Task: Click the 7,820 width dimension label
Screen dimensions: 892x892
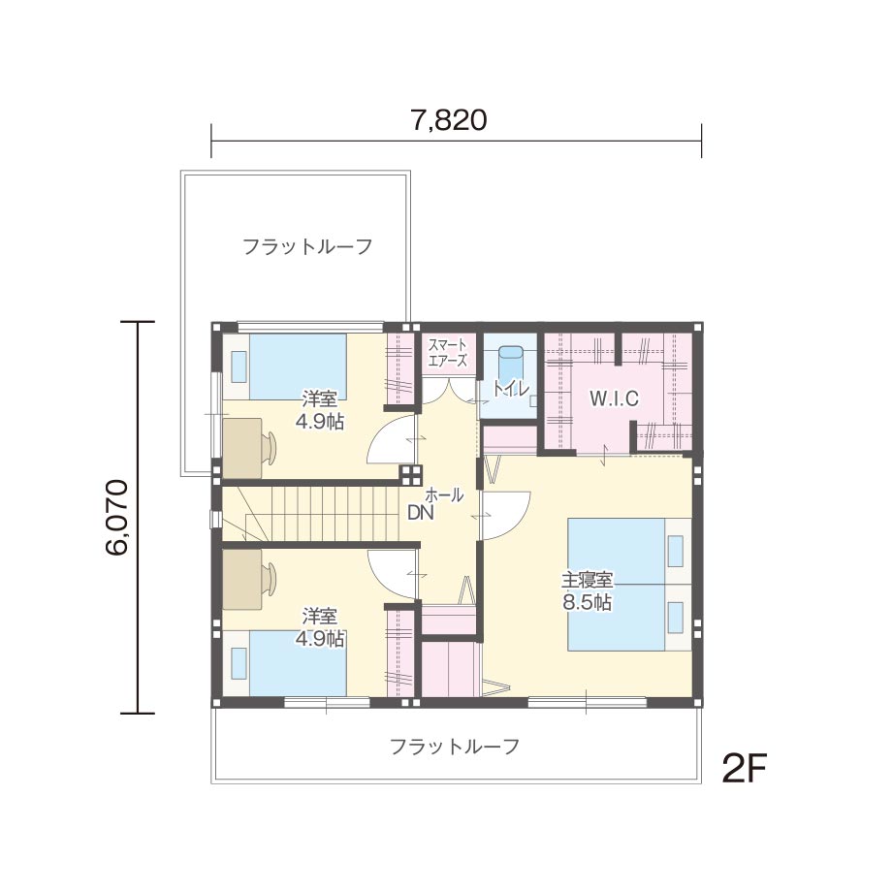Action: (448, 120)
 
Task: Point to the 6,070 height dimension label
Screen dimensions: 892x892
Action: (116, 517)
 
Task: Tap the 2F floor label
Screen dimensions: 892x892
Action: (744, 768)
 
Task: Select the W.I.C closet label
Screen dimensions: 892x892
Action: (614, 398)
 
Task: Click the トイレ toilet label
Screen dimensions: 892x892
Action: (510, 388)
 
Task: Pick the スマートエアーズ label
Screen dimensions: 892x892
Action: (448, 353)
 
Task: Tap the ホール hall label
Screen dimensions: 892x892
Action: (444, 494)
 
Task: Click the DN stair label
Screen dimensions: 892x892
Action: (421, 513)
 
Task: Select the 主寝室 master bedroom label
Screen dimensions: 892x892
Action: (588, 580)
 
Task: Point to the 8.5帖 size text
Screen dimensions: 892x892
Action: (588, 602)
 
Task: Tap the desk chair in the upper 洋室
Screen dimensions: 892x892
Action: (270, 448)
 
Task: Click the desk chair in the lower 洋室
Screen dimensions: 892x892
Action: (270, 578)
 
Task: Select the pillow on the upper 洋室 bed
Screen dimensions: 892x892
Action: (239, 366)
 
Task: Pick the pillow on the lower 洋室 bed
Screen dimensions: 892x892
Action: (239, 663)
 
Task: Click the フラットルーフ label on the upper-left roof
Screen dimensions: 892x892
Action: (307, 247)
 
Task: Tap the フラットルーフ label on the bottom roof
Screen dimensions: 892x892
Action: (455, 746)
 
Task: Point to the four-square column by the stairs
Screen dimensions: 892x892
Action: (410, 474)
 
